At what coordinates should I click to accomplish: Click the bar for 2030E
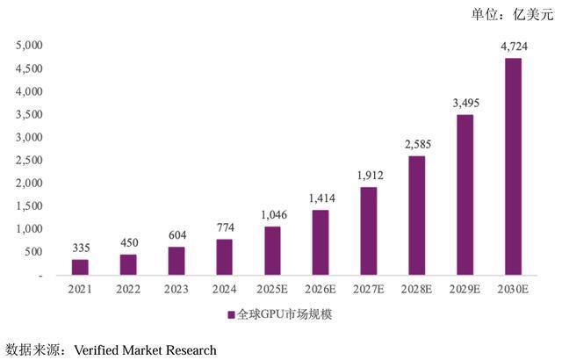(512, 166)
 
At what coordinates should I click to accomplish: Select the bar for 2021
(80, 267)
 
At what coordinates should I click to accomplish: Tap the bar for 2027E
(368, 230)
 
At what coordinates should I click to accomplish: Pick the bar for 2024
(224, 256)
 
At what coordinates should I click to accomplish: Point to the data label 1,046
(272, 216)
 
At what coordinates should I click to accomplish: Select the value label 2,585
(416, 143)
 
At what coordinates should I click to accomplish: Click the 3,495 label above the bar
(465, 103)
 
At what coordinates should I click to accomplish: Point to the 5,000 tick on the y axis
(29, 45)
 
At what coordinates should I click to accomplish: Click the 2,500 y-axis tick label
(29, 160)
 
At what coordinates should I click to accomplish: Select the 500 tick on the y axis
(33, 252)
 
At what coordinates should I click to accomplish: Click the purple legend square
(231, 313)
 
